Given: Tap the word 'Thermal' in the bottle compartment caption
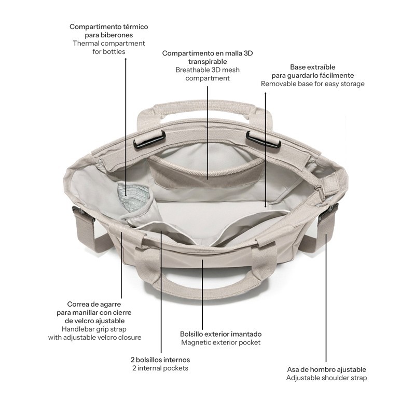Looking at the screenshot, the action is coord(86,43).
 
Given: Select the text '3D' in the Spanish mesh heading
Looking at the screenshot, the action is coord(248,53).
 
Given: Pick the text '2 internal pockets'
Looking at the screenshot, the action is coord(160,368).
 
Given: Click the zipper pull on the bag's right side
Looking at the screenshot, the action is coord(320,192).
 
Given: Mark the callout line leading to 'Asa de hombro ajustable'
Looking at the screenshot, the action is coord(326,298).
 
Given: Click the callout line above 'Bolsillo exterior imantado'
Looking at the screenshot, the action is coord(202,295).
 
